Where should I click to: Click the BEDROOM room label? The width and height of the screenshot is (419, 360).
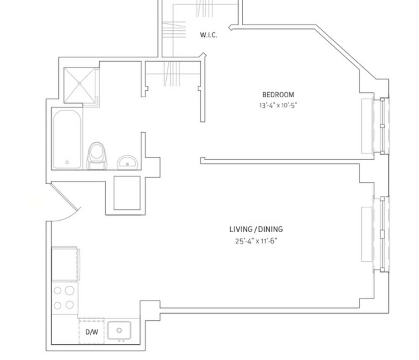[278, 95]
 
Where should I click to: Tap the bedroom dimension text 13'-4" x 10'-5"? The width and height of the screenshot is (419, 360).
[278, 105]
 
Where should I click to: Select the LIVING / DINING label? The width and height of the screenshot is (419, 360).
[256, 229]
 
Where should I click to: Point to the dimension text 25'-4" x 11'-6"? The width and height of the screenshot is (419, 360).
[256, 241]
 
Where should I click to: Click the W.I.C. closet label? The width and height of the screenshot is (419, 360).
[208, 35]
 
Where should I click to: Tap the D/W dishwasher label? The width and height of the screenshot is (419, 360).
[92, 332]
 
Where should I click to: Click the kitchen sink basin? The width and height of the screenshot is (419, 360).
[119, 330]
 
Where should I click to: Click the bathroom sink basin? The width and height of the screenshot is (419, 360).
[127, 163]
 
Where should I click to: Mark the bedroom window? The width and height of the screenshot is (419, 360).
[382, 126]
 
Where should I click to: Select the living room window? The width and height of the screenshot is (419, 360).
[382, 234]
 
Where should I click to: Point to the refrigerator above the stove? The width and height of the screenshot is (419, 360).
[65, 264]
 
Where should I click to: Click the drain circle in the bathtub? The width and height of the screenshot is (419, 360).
[67, 162]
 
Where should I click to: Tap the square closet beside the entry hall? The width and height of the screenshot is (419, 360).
[127, 193]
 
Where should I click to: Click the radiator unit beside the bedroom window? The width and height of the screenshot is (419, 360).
[367, 126]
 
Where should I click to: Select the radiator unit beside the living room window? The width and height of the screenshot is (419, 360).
[367, 234]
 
